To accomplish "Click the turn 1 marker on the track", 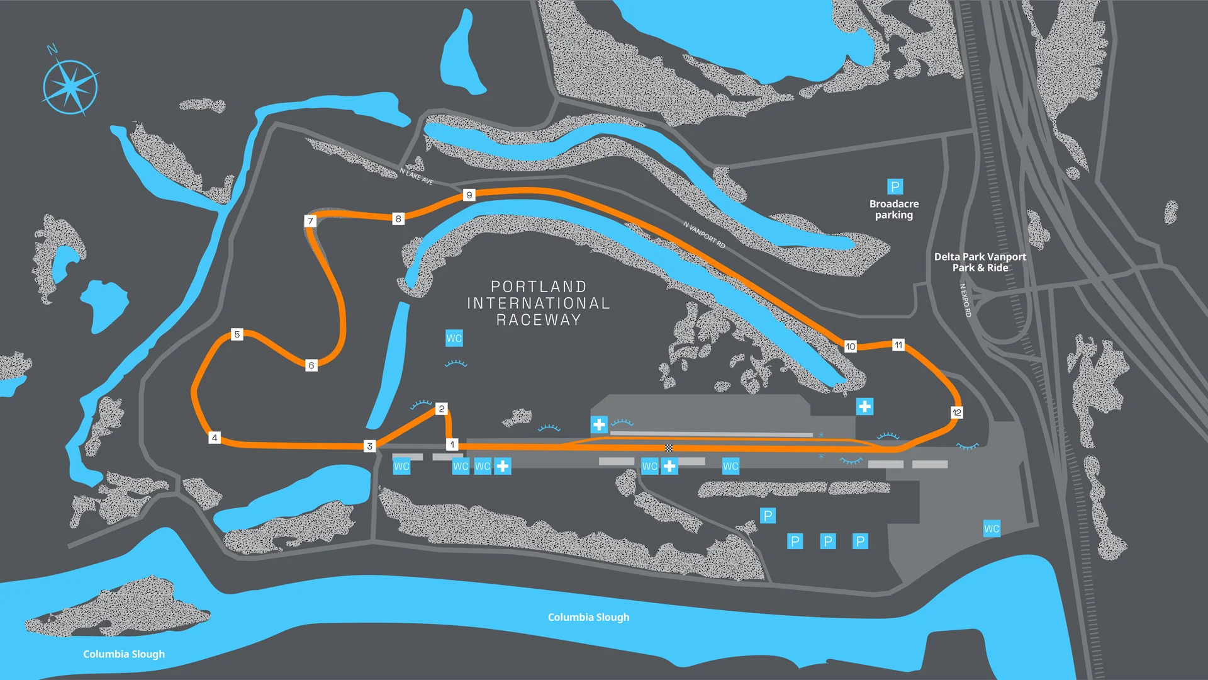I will pyautogui.click(x=452, y=445).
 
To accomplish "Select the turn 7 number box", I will pyautogui.click(x=310, y=221).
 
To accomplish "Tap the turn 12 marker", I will pyautogui.click(x=956, y=412).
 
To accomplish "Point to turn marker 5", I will pyautogui.click(x=237, y=334).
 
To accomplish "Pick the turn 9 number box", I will pyautogui.click(x=469, y=195).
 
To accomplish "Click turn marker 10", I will pyautogui.click(x=850, y=346).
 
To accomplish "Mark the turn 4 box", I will pyautogui.click(x=215, y=438).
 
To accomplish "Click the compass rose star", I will pyautogui.click(x=70, y=88).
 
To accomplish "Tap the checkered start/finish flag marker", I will pyautogui.click(x=669, y=448).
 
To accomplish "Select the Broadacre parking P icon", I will pyautogui.click(x=895, y=186).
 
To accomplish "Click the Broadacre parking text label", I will pyautogui.click(x=894, y=209).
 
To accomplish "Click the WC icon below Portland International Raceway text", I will pyautogui.click(x=454, y=338).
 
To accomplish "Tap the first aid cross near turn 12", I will pyautogui.click(x=864, y=406).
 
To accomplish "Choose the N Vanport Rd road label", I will pyautogui.click(x=704, y=234).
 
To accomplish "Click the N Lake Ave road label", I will pyautogui.click(x=417, y=176).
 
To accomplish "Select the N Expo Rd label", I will pyautogui.click(x=965, y=300).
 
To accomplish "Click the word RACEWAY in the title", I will pyautogui.click(x=538, y=320).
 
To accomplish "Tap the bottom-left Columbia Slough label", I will pyautogui.click(x=124, y=654).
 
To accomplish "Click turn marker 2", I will pyautogui.click(x=442, y=409).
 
